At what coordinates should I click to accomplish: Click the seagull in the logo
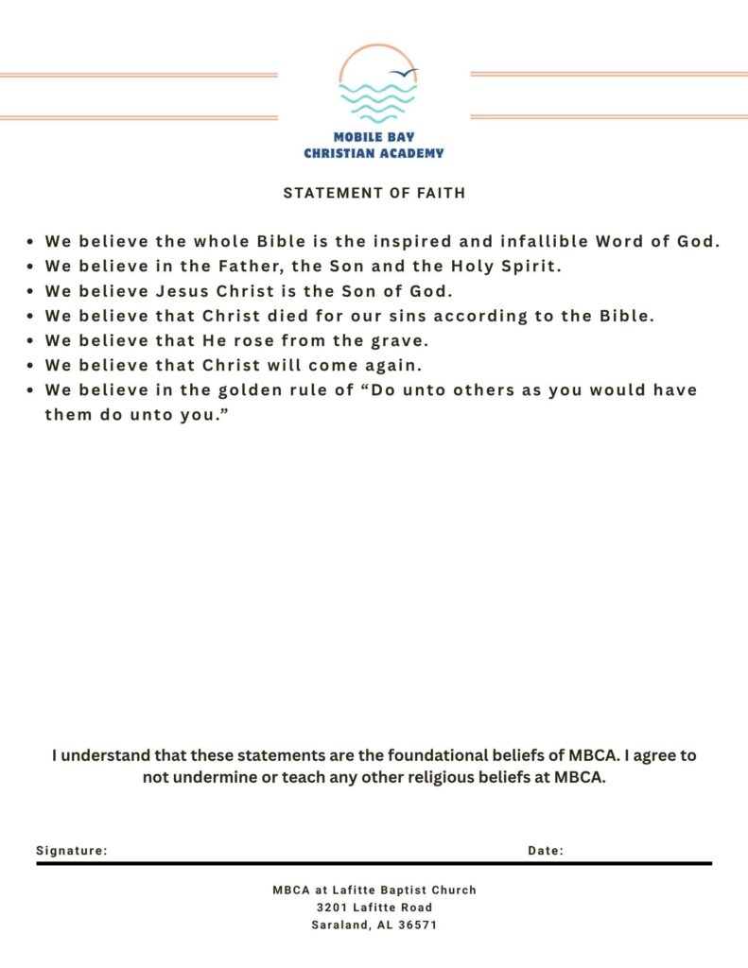(x=405, y=73)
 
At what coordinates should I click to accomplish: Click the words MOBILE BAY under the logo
(x=374, y=137)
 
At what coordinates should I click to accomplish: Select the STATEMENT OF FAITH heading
(x=374, y=193)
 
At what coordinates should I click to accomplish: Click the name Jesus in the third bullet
(x=176, y=291)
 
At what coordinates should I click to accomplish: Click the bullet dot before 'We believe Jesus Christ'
(x=32, y=292)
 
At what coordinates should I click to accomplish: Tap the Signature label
(x=72, y=851)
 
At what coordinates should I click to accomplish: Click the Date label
(x=546, y=851)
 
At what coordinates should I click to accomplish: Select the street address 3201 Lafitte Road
(x=374, y=907)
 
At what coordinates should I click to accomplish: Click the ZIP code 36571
(x=417, y=925)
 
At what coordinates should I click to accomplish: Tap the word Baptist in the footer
(x=400, y=890)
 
